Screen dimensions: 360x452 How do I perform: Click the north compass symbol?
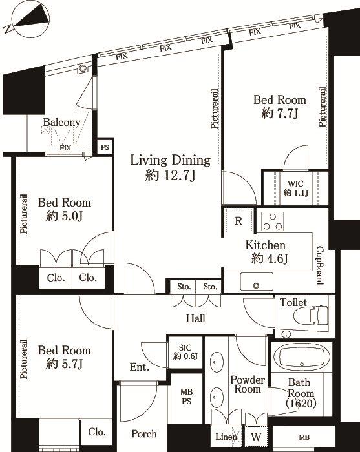[x=30, y=19]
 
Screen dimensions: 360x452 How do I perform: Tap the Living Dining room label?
[x=171, y=160]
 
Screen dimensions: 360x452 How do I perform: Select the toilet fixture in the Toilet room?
[x=311, y=315]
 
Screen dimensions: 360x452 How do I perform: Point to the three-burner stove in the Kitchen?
[x=273, y=221]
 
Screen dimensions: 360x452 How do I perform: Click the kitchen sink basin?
[x=256, y=282]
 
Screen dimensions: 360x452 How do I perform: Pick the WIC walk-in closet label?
[x=295, y=183]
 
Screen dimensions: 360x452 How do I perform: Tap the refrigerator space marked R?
[x=238, y=221]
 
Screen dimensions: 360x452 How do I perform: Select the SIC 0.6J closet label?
[x=185, y=352]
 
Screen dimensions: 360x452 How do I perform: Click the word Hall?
[x=196, y=318]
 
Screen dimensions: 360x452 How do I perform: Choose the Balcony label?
[x=61, y=122]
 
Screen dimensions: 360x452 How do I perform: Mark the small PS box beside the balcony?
[x=105, y=147]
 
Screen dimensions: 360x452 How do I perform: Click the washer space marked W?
[x=256, y=437]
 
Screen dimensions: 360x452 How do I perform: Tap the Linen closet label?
[x=226, y=437]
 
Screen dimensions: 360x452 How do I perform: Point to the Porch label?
[x=144, y=433]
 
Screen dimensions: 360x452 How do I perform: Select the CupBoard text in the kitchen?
[x=320, y=265]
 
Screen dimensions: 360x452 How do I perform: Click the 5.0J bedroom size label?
[x=65, y=216]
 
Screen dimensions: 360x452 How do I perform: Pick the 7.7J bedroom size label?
[x=279, y=114]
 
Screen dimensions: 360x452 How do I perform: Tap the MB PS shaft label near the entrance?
[x=186, y=396]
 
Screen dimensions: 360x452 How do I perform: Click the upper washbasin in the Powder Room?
[x=217, y=363]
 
